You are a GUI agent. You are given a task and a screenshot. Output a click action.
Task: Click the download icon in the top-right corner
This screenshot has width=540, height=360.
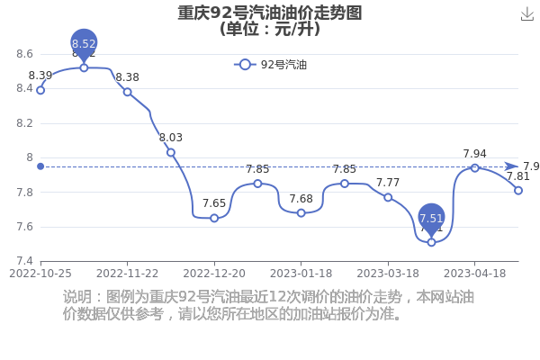[526, 14]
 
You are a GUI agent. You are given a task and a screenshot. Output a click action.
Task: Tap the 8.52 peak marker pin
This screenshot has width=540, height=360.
[84, 44]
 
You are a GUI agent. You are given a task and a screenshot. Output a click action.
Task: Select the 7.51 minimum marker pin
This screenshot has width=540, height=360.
[431, 219]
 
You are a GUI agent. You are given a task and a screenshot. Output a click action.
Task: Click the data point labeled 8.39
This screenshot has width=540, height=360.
[40, 90]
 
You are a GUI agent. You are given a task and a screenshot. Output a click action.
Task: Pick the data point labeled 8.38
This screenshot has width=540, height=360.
[128, 92]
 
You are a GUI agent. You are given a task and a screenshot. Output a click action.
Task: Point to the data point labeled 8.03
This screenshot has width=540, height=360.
[171, 153]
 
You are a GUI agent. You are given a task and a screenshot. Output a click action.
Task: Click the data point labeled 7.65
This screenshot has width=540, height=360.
[214, 218]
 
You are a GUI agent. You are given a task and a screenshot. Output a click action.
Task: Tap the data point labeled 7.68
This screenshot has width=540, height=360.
[301, 213]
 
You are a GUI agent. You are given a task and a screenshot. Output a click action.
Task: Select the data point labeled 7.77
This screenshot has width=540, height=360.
[388, 197]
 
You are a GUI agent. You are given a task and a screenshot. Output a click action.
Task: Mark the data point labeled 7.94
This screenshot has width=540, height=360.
[475, 168]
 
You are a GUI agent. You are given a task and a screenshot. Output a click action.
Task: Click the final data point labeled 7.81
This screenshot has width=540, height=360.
[518, 191]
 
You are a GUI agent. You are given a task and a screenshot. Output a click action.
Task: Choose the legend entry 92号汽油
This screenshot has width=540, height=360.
[270, 65]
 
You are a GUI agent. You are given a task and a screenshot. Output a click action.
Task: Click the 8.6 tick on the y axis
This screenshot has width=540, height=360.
[24, 54]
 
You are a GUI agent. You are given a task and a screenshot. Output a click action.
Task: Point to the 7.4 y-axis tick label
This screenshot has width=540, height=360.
[24, 261]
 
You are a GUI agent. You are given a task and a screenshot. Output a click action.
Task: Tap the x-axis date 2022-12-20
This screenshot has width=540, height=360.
[214, 274]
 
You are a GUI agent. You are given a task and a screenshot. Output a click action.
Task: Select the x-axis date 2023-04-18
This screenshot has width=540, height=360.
[475, 274]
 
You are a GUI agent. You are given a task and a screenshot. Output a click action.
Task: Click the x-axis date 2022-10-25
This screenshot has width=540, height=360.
[40, 274]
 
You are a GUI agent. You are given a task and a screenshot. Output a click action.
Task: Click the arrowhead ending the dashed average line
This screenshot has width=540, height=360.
[512, 166]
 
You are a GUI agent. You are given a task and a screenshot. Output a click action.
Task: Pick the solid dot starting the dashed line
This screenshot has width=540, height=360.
[40, 166]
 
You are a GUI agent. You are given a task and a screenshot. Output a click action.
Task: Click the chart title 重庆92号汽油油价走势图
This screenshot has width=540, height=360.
[270, 13]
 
